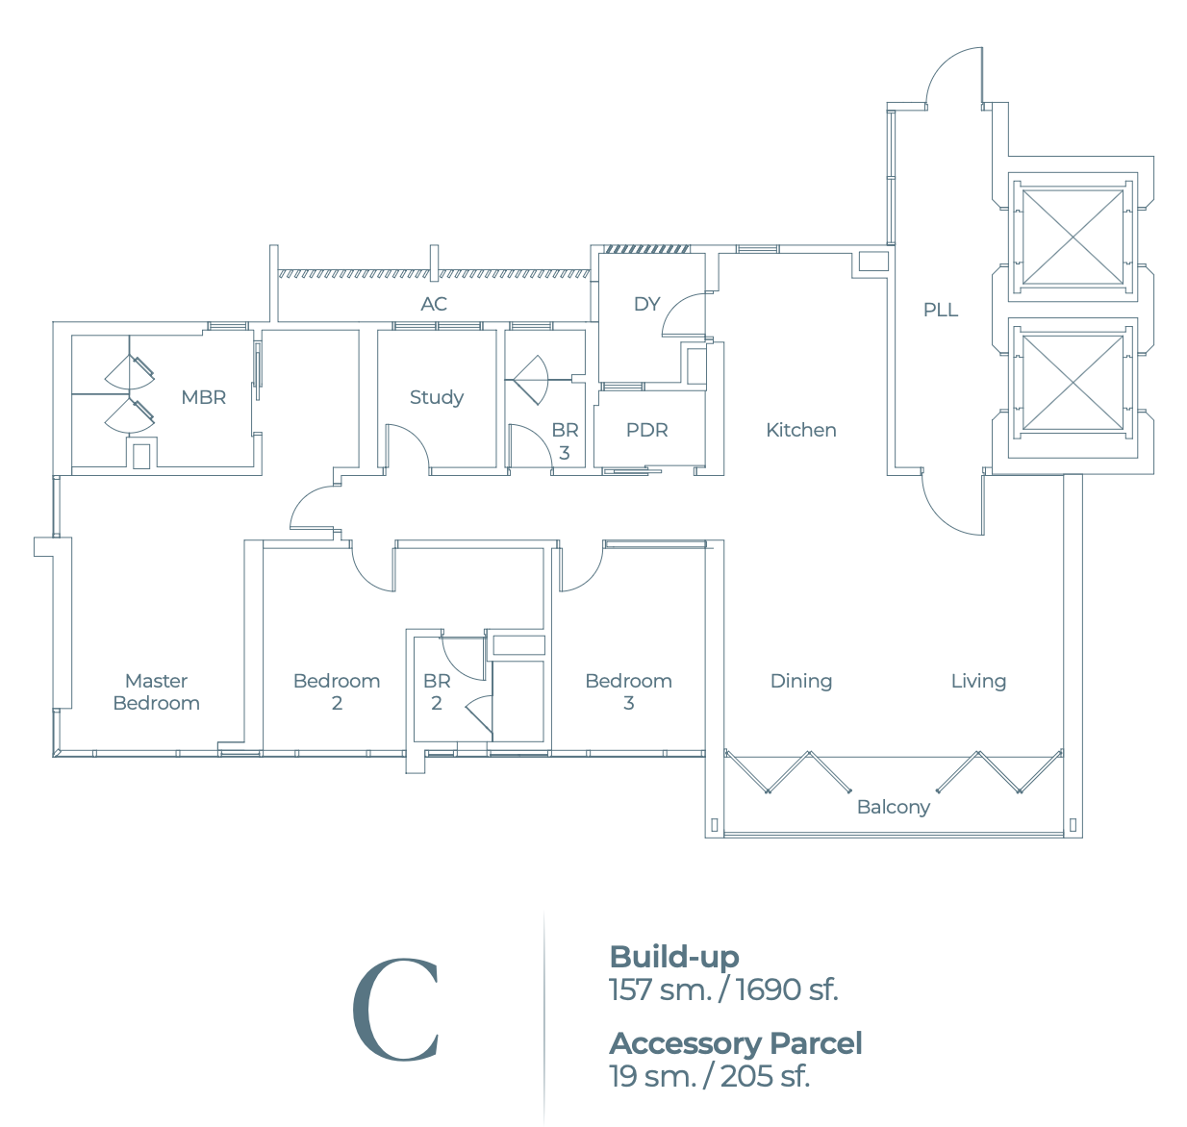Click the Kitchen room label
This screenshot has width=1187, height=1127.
800,430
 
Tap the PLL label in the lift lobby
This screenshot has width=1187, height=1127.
940,310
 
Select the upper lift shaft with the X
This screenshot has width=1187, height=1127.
1073,237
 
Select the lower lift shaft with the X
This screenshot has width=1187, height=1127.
1073,382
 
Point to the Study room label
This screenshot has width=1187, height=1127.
436,397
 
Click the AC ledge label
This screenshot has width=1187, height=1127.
434,304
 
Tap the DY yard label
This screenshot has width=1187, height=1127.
646,304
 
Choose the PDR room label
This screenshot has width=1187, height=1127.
646,430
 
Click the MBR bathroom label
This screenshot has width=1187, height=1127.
203,397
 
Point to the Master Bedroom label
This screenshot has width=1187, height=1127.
156,691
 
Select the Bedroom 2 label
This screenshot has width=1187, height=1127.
337,691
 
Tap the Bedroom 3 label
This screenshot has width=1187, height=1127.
628,691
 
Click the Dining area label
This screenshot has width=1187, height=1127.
800,681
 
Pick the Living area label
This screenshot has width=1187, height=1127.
978,681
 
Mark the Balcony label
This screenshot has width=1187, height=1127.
893,807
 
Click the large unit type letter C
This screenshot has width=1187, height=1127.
395,1010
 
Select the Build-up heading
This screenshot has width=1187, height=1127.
673,957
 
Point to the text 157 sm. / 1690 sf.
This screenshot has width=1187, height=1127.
723,989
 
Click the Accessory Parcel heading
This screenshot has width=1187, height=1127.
736,1043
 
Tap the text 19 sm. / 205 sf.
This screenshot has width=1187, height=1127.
709,1076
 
